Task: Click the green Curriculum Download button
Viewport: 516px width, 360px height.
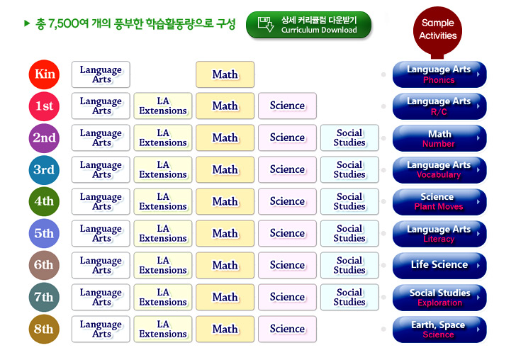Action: (308, 25)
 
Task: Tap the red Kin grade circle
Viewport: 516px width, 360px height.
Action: (44, 74)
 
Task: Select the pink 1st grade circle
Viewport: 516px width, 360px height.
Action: (44, 106)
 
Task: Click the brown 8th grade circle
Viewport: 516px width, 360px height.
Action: (44, 329)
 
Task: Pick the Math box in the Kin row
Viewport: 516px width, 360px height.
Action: (225, 74)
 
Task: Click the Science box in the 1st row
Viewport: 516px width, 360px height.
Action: (287, 106)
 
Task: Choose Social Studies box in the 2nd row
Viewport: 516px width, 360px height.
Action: (349, 137)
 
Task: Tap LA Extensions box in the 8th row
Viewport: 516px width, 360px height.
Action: (163, 329)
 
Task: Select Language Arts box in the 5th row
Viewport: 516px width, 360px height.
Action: (101, 233)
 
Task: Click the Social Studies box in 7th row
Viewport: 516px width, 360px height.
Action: (349, 297)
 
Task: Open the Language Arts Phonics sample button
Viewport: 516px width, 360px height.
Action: (439, 74)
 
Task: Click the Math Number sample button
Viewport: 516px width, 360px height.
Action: (439, 138)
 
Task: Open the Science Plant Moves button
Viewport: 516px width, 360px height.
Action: (439, 202)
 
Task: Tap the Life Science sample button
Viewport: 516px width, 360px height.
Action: (439, 265)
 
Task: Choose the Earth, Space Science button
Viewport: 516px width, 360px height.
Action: (439, 330)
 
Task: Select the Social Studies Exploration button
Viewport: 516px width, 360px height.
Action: (439, 298)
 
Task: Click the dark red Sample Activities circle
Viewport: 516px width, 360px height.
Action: (438, 30)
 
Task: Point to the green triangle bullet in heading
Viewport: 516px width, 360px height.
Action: (27, 23)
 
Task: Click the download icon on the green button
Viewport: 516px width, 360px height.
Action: (266, 24)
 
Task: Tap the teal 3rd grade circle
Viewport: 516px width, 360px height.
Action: (44, 170)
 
